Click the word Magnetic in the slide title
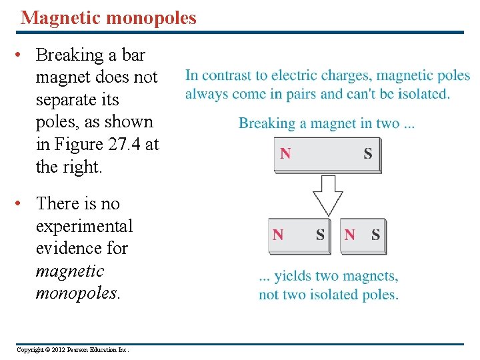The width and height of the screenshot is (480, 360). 57,18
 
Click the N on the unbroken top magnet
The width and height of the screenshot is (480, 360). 285,154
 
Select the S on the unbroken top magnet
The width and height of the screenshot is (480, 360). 368,154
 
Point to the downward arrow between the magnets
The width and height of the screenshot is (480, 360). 327,193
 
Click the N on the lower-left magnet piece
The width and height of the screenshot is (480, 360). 278,235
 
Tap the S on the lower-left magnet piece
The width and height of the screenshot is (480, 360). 320,235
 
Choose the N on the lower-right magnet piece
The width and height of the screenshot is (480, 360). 350,235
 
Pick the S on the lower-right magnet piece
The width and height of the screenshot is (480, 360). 376,235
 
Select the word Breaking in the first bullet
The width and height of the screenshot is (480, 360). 71,55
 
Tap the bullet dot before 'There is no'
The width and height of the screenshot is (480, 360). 23,203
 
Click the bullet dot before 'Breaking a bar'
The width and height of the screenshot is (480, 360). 23,55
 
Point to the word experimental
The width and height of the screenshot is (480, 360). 84,226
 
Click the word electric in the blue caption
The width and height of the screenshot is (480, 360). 293,76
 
